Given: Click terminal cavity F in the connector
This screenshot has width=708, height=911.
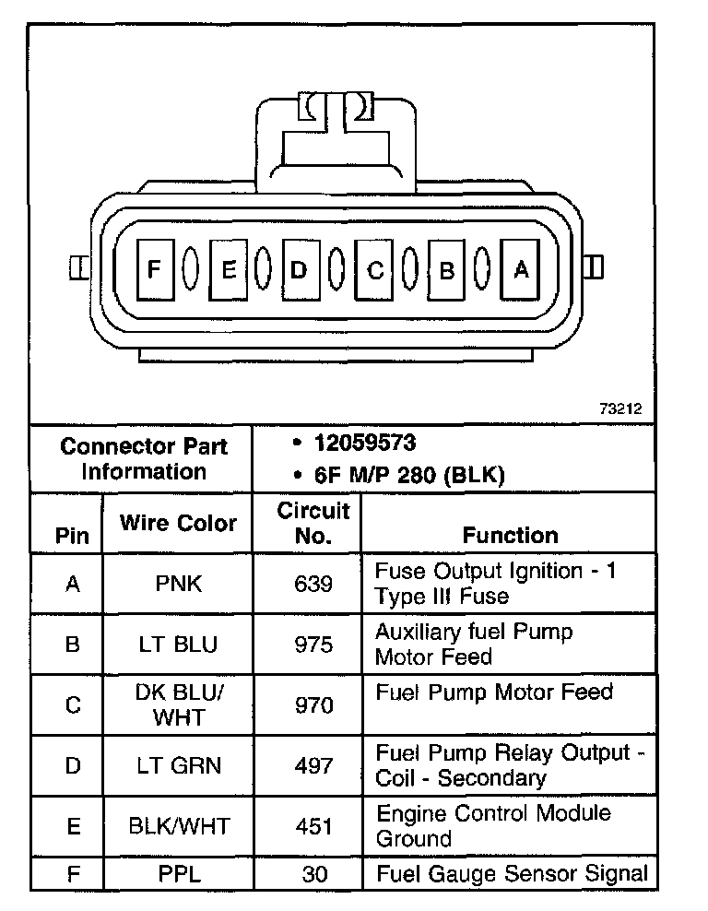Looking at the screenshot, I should (x=154, y=268).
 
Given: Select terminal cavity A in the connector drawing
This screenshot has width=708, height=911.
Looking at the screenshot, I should (x=520, y=268).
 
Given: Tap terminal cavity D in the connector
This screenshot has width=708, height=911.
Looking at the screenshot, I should (x=299, y=268).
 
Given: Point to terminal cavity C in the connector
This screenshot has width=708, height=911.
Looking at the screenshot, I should (x=373, y=269).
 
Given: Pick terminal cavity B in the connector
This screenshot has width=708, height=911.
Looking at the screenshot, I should (x=447, y=269).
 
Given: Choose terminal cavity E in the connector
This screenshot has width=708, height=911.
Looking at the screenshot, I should (x=227, y=268).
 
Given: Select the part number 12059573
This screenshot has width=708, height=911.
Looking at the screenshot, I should (x=365, y=443).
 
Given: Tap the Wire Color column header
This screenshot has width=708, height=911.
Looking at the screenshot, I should (x=178, y=523).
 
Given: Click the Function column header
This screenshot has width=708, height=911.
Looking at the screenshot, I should (x=510, y=535).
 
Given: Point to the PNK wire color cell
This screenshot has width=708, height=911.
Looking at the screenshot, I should (x=178, y=584).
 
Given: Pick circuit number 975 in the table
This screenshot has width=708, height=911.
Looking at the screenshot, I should (x=313, y=644).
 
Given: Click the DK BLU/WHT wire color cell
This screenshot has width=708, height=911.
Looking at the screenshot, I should (x=178, y=704).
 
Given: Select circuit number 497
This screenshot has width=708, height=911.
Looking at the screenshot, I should (x=313, y=765).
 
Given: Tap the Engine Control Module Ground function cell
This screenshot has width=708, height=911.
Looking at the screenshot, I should (x=493, y=826).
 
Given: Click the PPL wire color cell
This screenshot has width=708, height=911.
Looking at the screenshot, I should (x=178, y=873).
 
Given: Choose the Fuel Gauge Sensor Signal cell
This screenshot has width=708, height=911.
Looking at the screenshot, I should (x=511, y=873).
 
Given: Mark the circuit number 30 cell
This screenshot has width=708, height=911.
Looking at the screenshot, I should (x=313, y=873).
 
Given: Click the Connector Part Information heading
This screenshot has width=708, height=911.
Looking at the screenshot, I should (x=143, y=458).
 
